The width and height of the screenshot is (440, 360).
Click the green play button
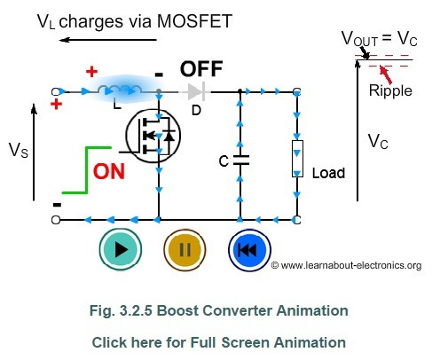coord(121,249)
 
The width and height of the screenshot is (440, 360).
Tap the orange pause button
coord(185,249)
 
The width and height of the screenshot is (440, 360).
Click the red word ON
coord(109,172)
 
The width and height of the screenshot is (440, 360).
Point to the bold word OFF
coord(201,69)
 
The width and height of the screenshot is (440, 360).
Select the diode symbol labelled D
coord(196,92)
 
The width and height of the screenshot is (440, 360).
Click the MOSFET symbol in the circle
coord(153,136)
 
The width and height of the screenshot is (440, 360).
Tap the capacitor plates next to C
coord(240,160)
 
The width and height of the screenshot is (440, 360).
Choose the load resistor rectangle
coord(297,159)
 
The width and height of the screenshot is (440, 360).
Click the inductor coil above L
coord(120,90)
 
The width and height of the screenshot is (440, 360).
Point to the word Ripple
coord(390,90)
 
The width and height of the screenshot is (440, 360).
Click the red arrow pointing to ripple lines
coord(386,75)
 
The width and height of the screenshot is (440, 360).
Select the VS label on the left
coord(19,150)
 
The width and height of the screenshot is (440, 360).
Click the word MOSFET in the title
coord(194,21)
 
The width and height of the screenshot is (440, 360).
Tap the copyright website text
coord(346,265)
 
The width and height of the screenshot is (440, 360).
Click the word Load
coord(328,173)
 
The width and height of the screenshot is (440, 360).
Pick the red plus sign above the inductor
coord(91,72)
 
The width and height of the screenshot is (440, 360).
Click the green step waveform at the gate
coord(86,170)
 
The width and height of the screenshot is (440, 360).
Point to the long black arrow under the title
coord(108,40)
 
